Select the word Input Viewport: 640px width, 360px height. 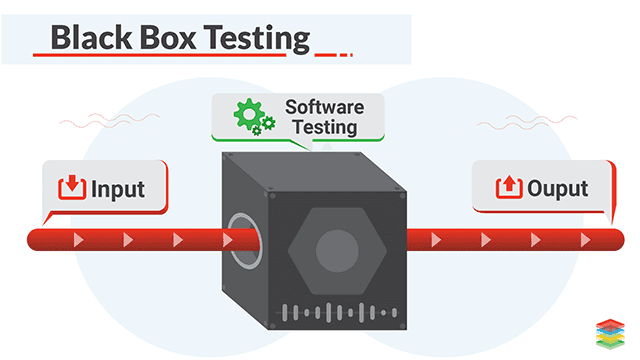click(x=118, y=188)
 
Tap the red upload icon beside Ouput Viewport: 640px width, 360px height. click(x=507, y=187)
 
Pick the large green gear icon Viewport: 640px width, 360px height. click(x=250, y=115)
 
